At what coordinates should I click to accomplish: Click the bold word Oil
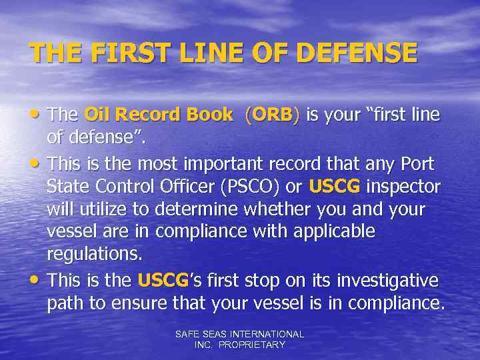coord(99,115)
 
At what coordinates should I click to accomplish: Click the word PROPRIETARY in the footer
coord(254,345)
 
